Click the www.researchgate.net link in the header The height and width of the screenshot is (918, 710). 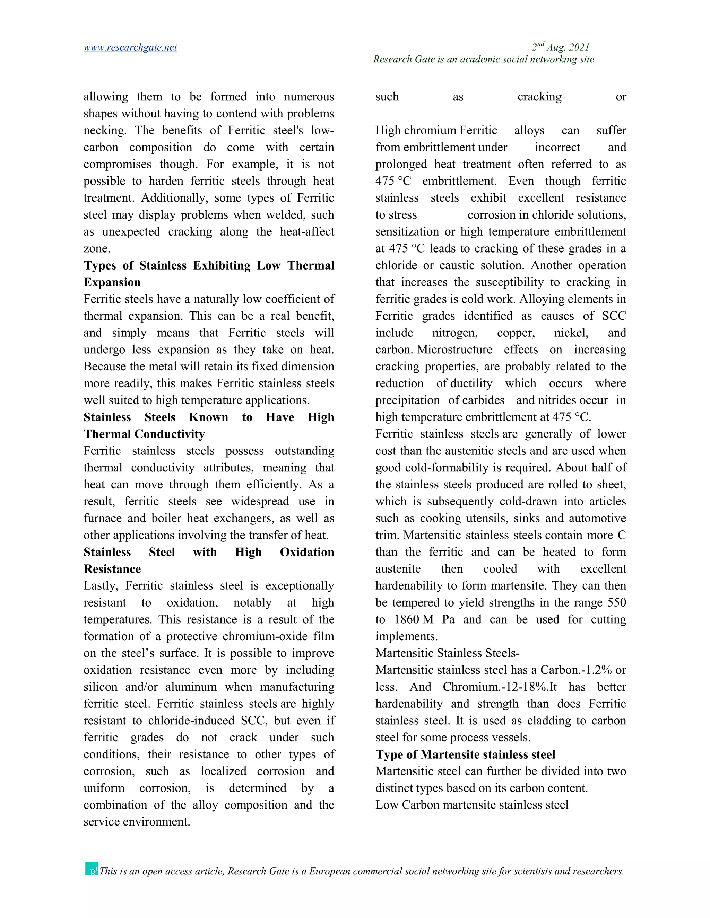[x=130, y=47]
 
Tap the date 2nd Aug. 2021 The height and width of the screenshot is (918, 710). [x=560, y=47]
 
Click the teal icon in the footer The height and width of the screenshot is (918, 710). [x=91, y=868]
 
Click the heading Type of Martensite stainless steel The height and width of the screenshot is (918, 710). [x=465, y=754]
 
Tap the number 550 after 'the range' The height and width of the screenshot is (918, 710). [x=617, y=603]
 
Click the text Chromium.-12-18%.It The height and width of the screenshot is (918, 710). [x=499, y=687]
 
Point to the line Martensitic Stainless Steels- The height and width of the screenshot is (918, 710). [x=448, y=653]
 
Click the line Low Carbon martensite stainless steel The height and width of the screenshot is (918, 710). [x=471, y=805]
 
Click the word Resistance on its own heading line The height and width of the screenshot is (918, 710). [x=112, y=569]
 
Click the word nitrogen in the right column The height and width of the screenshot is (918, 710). [x=455, y=333]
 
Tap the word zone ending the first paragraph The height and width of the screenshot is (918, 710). [x=96, y=249]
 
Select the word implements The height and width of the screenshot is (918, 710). [x=406, y=636]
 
